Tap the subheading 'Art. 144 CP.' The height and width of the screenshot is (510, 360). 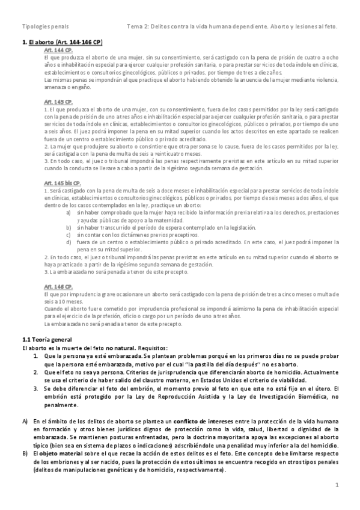coord(58,51)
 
